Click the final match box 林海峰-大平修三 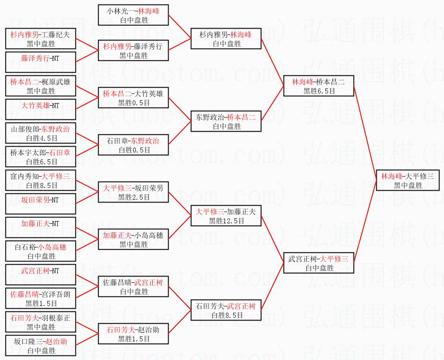click(x=407, y=181)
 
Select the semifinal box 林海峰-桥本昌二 click(x=318, y=86)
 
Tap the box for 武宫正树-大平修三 click(x=318, y=263)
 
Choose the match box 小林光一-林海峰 click(x=133, y=15)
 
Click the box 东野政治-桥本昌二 click(x=226, y=122)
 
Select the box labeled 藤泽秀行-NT click(x=40, y=63)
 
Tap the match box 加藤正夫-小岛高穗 click(x=133, y=240)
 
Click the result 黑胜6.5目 click(x=319, y=91)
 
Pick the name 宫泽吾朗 click(x=56, y=294)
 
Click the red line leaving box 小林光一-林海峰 click(x=180, y=25)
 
